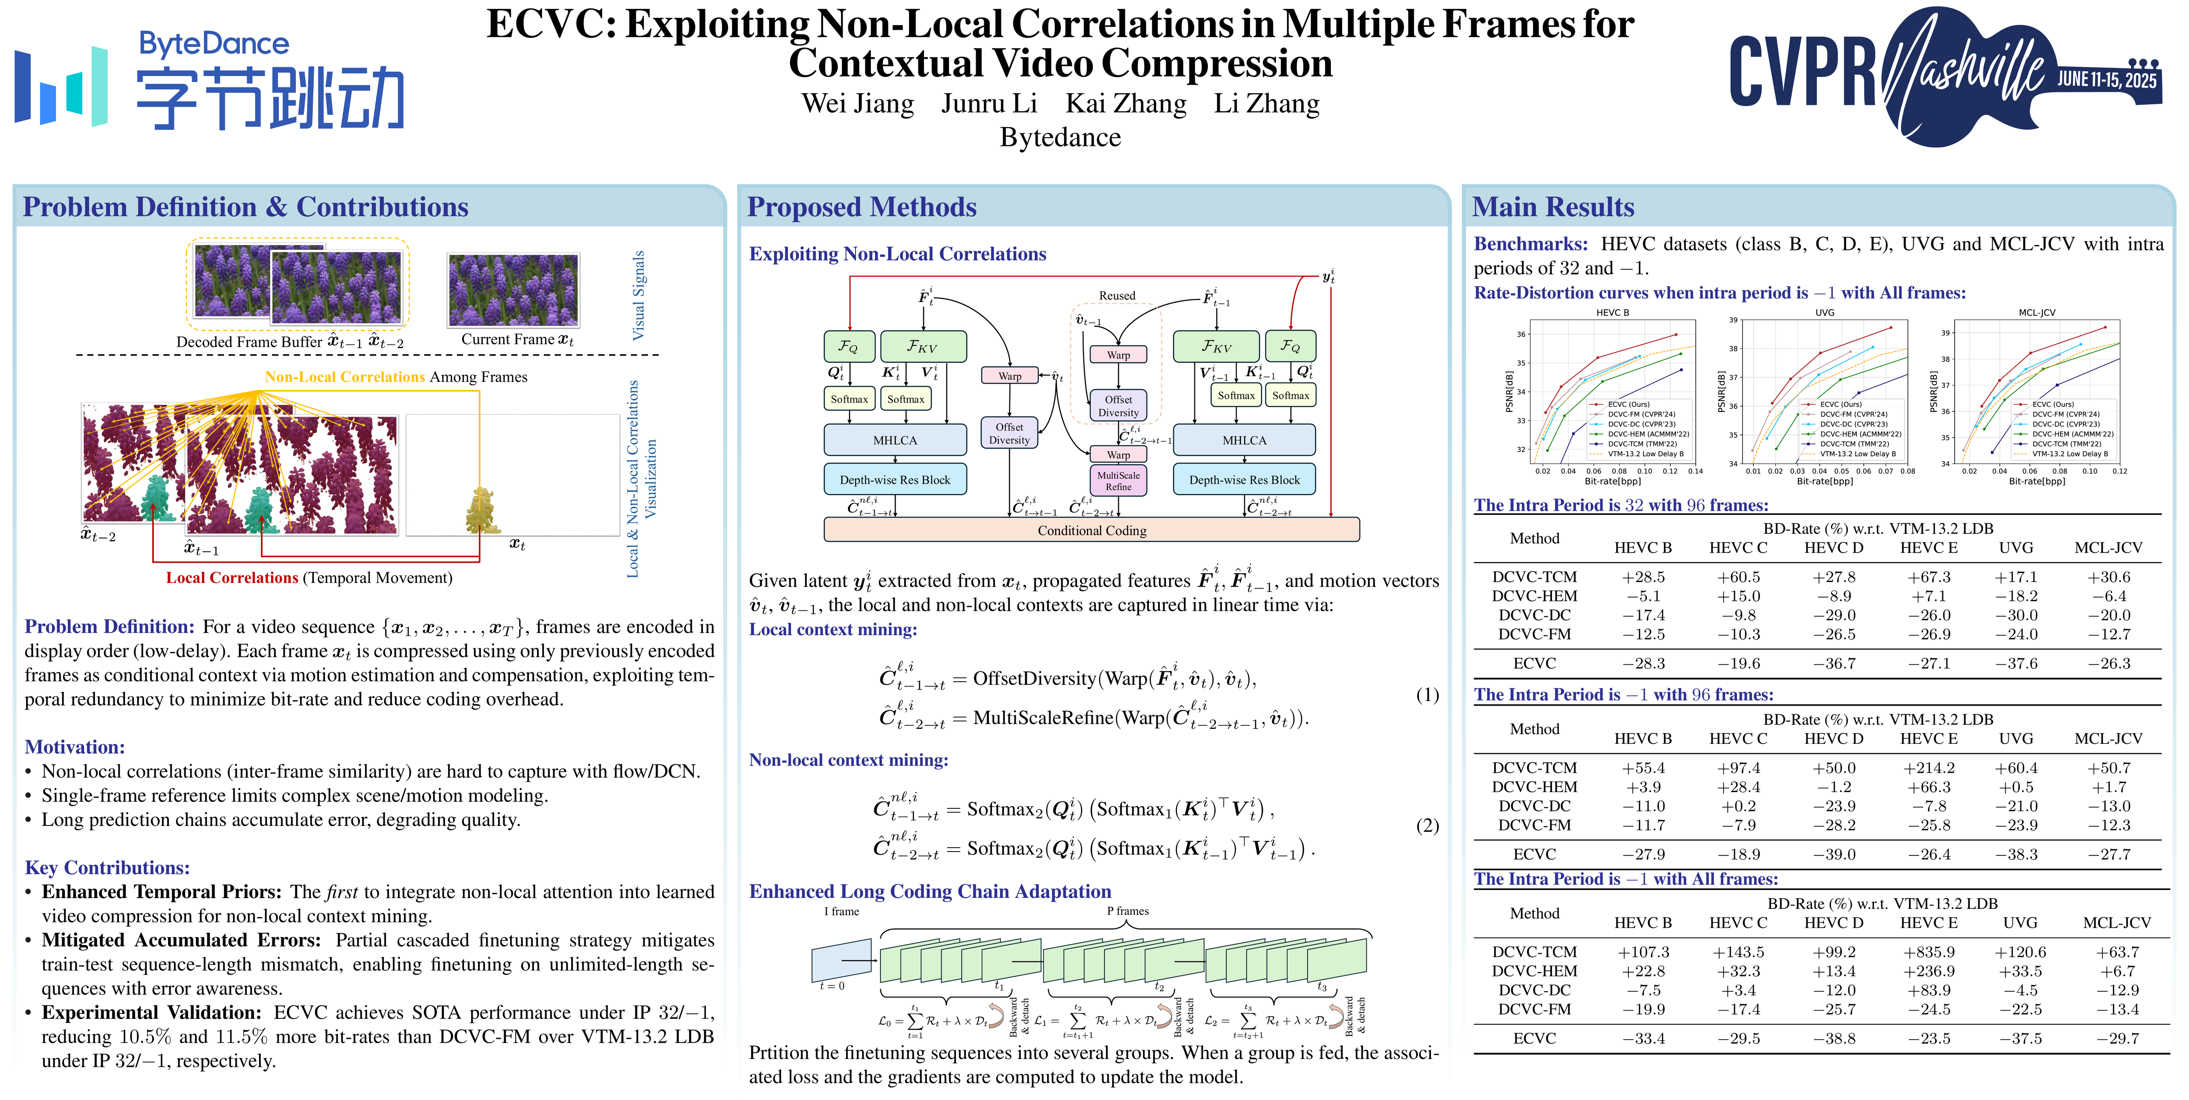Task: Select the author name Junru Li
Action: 989,103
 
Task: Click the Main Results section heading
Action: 1552,207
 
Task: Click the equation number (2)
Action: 1427,825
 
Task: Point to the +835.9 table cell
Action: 1929,952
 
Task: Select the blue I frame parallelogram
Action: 841,961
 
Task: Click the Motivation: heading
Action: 75,747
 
